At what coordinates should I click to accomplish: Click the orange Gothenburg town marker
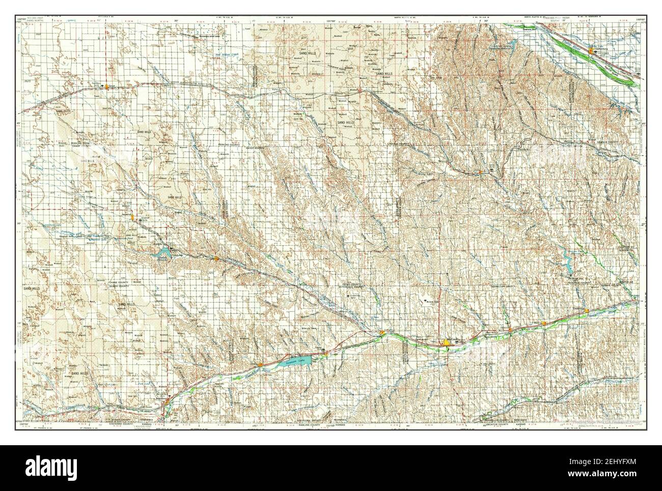(x=591, y=51)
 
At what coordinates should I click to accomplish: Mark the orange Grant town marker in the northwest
(x=106, y=86)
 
